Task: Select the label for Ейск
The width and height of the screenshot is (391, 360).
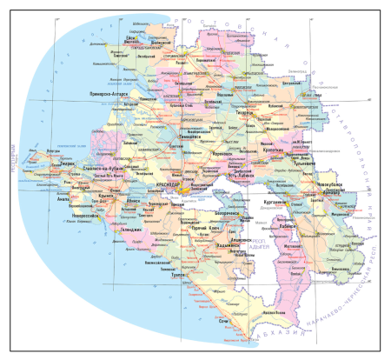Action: (x=129, y=38)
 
